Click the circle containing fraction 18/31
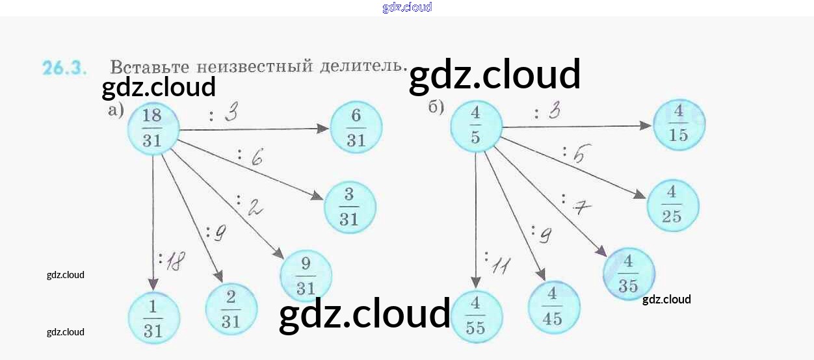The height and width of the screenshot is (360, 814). (152, 128)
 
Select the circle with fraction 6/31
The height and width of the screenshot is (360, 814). (356, 127)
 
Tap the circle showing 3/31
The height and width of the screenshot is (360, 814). (349, 207)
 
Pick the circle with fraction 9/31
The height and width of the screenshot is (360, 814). (306, 276)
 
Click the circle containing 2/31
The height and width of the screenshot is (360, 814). (231, 309)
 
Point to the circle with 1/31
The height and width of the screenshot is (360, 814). (153, 318)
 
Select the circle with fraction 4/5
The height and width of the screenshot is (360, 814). (476, 128)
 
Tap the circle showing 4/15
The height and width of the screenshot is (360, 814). (679, 124)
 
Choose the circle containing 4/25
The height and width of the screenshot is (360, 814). (672, 205)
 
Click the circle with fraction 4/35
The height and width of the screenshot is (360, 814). (629, 274)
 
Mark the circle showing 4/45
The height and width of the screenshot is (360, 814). (553, 307)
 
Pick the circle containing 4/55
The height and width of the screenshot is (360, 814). (476, 316)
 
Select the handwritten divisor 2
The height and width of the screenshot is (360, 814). (254, 207)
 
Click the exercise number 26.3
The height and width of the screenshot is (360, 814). (64, 68)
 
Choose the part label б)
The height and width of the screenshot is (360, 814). (436, 107)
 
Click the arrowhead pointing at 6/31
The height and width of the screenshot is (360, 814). (323, 129)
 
